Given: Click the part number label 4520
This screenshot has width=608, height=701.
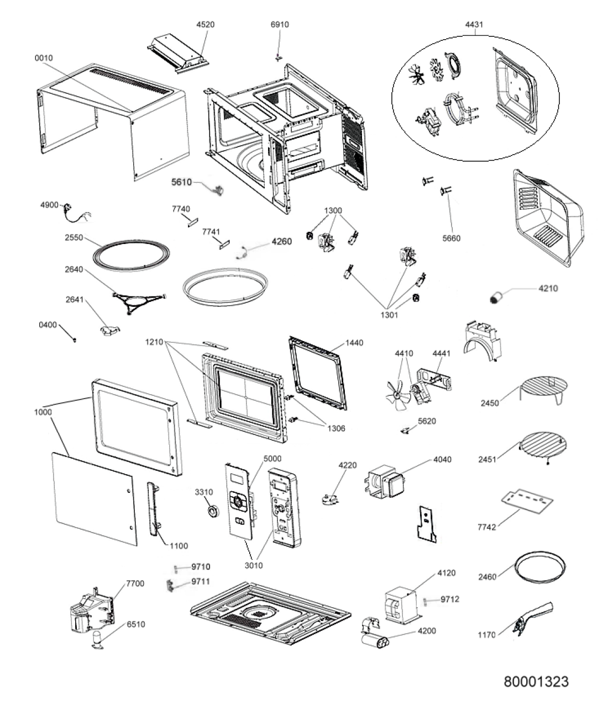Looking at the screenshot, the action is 206,24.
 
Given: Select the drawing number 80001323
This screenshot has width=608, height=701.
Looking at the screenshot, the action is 536,681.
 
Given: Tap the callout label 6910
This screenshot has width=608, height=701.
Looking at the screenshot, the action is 280,24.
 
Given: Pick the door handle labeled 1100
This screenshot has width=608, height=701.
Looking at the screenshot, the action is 154,508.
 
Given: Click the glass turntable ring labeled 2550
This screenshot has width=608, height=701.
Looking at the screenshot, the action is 131,254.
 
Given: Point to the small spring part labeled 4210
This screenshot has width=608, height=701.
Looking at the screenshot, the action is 496,298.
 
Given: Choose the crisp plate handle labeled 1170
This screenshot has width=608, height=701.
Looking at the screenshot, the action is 533,619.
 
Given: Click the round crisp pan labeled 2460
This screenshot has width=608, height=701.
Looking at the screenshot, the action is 541,569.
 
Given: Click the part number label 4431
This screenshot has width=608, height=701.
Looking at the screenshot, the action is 474,24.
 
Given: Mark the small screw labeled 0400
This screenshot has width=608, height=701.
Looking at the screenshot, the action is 75,340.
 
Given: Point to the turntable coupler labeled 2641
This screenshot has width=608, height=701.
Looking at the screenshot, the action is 110,330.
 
